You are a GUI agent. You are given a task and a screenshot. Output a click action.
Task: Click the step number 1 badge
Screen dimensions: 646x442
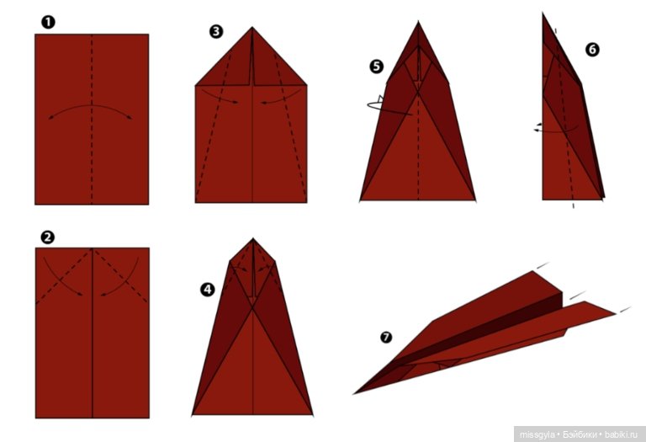[x=48, y=22]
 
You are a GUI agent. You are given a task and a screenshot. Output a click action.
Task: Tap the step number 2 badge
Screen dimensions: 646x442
[x=47, y=237]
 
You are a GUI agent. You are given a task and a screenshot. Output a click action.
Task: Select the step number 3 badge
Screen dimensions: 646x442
[x=216, y=31]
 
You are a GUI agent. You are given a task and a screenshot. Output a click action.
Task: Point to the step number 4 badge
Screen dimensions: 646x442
[x=207, y=290]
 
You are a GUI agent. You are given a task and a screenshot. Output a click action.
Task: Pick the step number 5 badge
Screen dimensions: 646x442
[x=377, y=67]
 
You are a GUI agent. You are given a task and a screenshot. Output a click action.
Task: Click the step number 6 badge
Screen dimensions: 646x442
[x=592, y=50]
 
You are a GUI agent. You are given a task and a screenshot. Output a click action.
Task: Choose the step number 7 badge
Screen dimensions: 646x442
[x=386, y=338]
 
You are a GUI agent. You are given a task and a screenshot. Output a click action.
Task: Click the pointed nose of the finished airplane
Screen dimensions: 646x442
[x=354, y=394]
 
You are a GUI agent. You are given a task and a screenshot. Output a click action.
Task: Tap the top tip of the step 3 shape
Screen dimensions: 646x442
[x=252, y=28]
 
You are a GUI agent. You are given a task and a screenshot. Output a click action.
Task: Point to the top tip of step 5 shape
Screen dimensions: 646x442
[x=418, y=22]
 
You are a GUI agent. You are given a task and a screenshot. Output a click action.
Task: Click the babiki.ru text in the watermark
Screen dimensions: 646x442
[x=621, y=434]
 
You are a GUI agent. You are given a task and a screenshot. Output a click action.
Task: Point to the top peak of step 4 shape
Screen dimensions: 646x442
[x=253, y=239]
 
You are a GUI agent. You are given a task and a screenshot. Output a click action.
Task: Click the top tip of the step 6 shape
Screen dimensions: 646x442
[x=543, y=13]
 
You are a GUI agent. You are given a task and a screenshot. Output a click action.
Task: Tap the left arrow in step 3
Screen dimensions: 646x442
[x=220, y=97]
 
